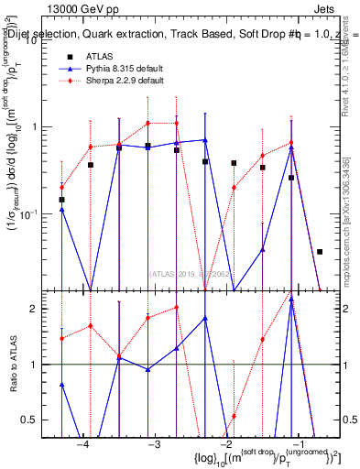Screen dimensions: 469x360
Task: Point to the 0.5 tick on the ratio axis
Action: tap(38, 420)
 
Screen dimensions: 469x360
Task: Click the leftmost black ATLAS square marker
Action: tap(61, 199)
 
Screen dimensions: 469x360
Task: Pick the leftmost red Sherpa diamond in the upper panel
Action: tap(61, 187)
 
